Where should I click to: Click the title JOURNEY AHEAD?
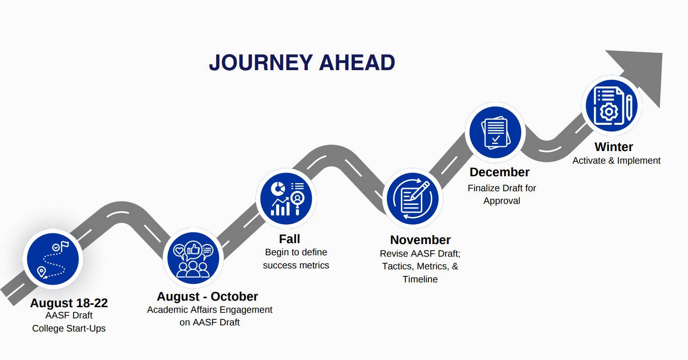point(302,63)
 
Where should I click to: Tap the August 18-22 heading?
point(69,303)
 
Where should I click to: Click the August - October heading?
point(207,296)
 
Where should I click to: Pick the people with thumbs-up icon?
point(193,259)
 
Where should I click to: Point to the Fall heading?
point(290,239)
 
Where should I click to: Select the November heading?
point(420,240)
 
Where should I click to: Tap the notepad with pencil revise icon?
point(413,199)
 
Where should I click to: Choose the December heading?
point(500,172)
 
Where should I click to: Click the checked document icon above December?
point(495,132)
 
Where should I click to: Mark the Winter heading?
point(614,147)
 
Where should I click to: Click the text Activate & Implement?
point(616,160)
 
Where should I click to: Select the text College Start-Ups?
point(69,329)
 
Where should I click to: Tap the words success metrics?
point(296,265)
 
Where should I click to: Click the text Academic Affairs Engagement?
point(210,310)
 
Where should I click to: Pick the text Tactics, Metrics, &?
point(420,266)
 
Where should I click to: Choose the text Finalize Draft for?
point(501,188)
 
